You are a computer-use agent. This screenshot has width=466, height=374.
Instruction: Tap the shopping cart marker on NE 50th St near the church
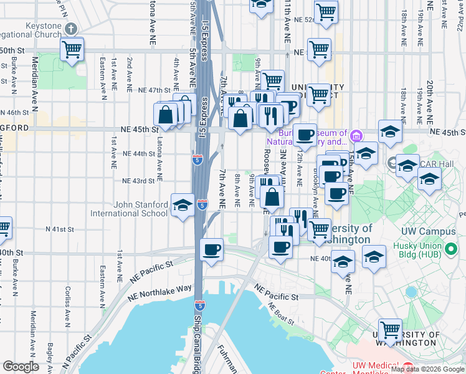tap(73, 49)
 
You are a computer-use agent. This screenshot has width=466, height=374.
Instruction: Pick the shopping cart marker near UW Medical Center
tap(391, 330)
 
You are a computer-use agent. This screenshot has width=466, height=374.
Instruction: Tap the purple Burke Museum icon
tap(356, 135)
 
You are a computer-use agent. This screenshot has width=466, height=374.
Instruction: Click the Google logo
tap(20, 367)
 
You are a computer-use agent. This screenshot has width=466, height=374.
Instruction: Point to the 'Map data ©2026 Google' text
tap(427, 369)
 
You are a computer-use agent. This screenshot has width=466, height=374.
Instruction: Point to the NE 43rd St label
tap(138, 181)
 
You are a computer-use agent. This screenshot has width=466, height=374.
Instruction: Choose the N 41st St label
tap(60, 229)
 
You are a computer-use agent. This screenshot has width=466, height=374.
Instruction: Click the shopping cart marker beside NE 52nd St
tap(326, 12)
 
